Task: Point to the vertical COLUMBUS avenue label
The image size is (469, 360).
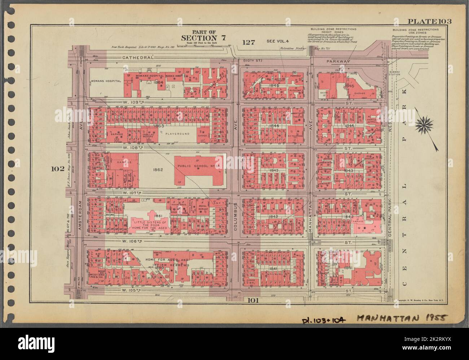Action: point(234,215)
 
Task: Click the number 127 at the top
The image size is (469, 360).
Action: point(249,42)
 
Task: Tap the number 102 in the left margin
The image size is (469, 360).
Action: point(57,169)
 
